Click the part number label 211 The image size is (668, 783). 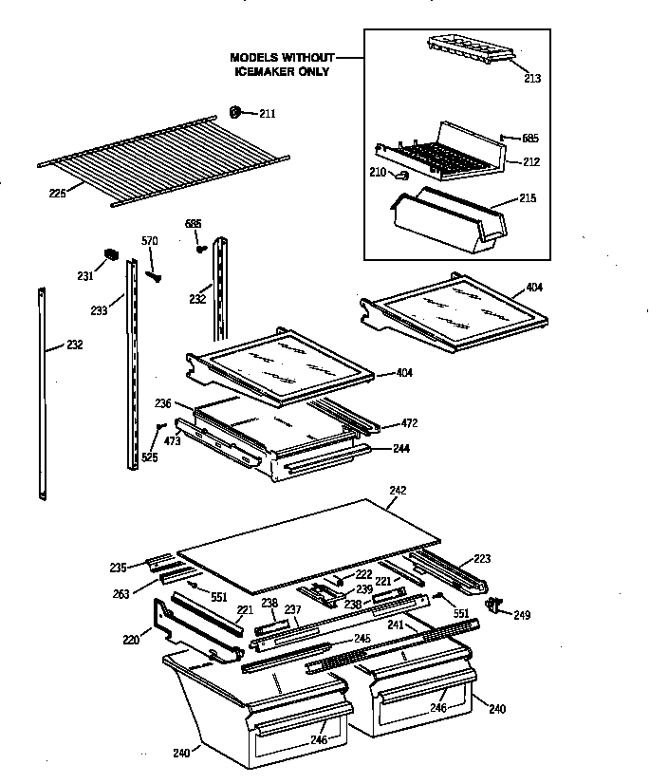click(267, 114)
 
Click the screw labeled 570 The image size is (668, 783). click(152, 276)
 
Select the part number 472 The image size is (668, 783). click(408, 423)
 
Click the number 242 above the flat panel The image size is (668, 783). click(398, 491)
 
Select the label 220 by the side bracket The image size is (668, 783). click(131, 640)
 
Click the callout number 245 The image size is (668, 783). click(362, 638)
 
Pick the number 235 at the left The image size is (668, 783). click(117, 568)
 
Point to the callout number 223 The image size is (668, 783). click(482, 558)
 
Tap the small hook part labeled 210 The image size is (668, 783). click(400, 174)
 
